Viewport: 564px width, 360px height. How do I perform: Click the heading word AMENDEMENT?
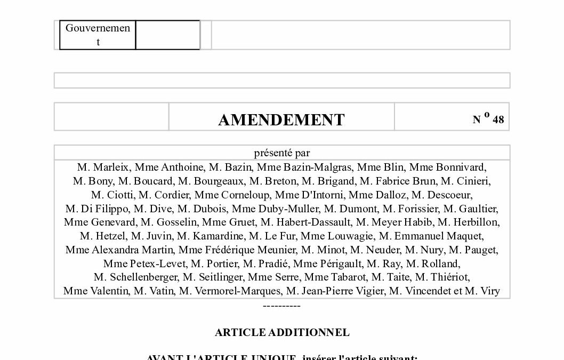click(281, 119)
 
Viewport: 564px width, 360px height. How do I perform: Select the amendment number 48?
click(498, 119)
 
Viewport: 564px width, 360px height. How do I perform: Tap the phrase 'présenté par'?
click(282, 153)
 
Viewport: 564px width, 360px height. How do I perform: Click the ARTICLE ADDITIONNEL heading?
click(282, 332)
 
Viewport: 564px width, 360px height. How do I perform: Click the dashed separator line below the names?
click(282, 306)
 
